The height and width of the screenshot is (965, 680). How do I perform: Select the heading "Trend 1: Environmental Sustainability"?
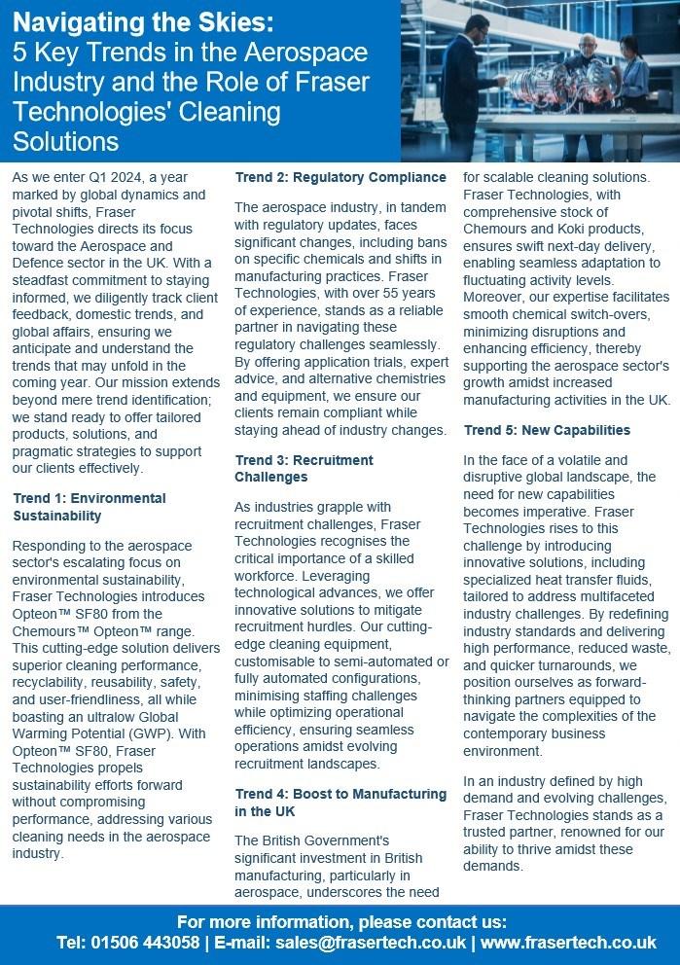coord(89,506)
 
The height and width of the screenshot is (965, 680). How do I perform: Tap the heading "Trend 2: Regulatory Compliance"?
coord(340,177)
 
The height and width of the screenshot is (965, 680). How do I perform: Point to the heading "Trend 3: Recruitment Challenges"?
coord(304,468)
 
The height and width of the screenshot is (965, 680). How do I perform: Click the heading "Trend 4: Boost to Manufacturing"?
coord(340,794)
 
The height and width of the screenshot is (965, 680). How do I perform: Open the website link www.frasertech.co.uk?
coord(568,943)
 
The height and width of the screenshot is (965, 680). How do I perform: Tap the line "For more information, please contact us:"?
coord(340,920)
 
